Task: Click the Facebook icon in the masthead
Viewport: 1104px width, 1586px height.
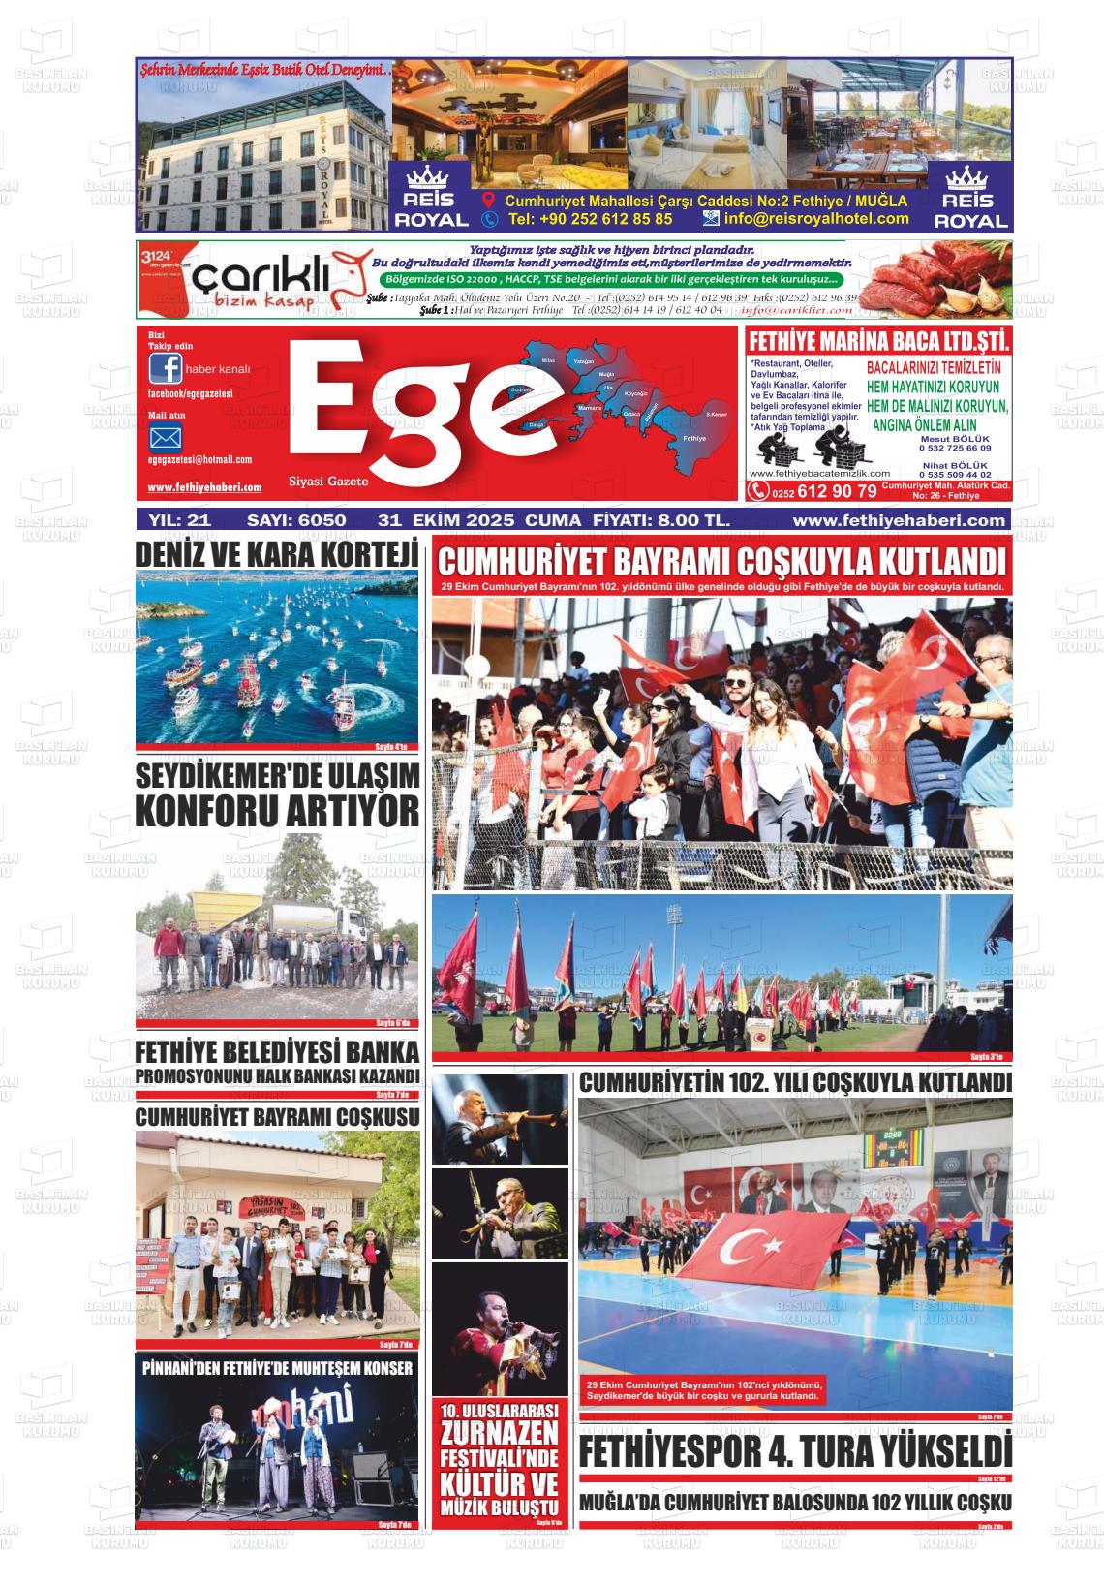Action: (166, 369)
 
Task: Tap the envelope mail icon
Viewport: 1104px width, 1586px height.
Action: (166, 438)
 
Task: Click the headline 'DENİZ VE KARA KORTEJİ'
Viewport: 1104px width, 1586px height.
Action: (277, 555)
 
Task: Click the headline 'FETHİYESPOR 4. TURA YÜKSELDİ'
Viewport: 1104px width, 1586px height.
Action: (794, 1451)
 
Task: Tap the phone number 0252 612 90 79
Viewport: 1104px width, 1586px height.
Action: (824, 491)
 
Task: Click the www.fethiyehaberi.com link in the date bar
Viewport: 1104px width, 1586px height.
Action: (898, 520)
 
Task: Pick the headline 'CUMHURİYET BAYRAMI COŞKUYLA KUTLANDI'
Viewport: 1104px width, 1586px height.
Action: (721, 562)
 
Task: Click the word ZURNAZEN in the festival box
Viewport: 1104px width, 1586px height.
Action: (499, 1433)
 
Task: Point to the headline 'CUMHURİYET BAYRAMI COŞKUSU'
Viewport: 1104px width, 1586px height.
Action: (277, 1117)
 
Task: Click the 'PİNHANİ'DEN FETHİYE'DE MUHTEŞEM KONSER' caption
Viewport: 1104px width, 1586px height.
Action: (277, 1368)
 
